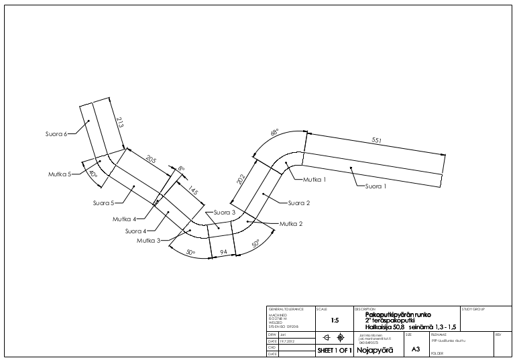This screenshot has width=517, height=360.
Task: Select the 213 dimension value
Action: click(120, 123)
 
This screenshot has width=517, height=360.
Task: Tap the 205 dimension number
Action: click(150, 159)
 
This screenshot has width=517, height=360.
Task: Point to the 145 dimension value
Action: click(193, 191)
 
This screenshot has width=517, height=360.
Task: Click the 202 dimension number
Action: click(242, 179)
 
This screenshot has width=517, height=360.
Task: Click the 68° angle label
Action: click(274, 133)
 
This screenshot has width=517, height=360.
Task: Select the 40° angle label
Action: click(93, 174)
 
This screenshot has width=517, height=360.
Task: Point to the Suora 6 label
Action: click(56, 134)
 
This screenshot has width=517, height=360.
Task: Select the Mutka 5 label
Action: click(59, 174)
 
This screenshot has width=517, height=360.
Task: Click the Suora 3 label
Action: click(224, 212)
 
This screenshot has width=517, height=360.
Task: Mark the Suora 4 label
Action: click(135, 231)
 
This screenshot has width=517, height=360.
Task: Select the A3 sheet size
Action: click(415, 349)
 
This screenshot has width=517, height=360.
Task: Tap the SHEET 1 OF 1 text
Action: click(334, 351)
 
